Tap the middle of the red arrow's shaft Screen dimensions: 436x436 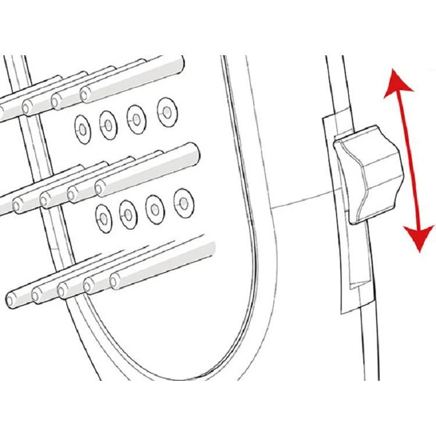point(408,160)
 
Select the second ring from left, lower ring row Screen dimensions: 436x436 point(128,210)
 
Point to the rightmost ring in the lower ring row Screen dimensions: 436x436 point(183,199)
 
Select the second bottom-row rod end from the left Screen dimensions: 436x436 point(38,294)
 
